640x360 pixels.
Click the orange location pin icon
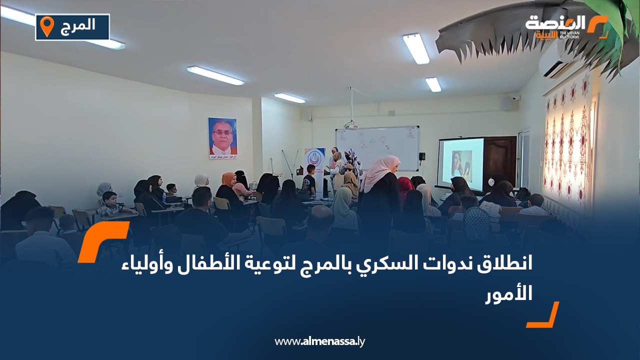[46, 26]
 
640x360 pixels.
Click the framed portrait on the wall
[222, 138]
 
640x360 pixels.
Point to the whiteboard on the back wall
[377, 148]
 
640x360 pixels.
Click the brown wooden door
[500, 160]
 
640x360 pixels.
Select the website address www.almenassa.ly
[320, 341]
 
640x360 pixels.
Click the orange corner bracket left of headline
[100, 240]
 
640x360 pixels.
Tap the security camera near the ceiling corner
[516, 98]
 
